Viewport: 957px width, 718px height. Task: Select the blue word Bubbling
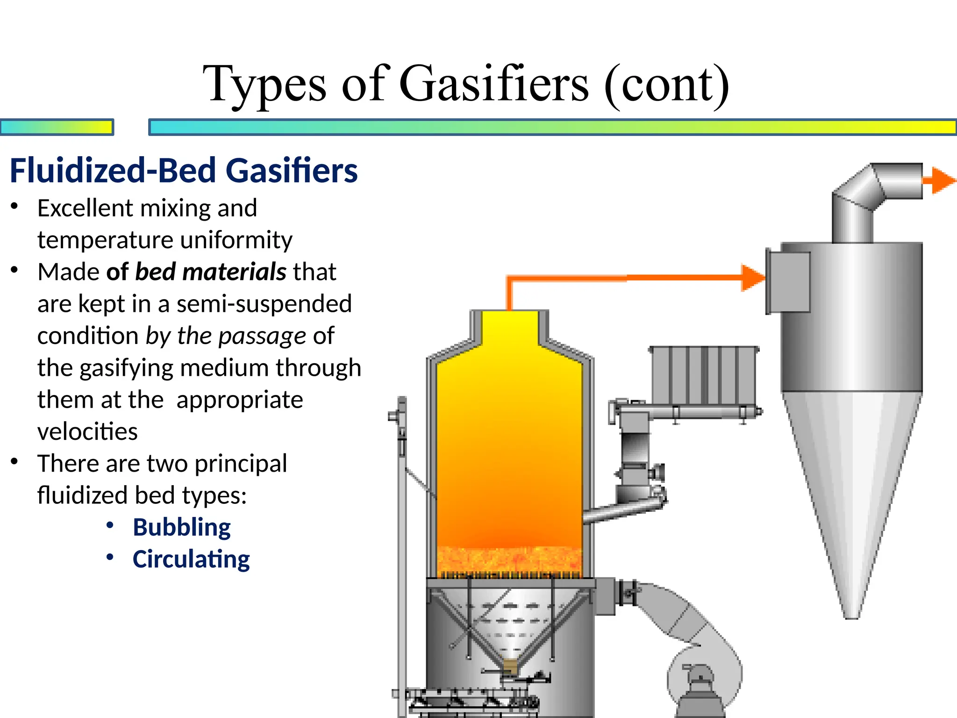click(182, 527)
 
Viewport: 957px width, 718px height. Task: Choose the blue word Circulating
click(191, 559)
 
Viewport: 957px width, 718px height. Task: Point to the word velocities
click(87, 431)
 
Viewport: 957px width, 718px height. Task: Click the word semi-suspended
click(264, 304)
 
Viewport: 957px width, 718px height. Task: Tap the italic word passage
click(262, 336)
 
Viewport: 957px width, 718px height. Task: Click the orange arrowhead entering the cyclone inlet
click(752, 278)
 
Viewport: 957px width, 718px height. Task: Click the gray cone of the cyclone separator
click(852, 491)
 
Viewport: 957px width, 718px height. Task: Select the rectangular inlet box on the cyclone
click(789, 282)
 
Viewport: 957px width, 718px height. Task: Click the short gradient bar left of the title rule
click(57, 127)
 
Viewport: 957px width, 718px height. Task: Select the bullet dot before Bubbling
click(110, 525)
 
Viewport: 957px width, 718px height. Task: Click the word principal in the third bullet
click(241, 464)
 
